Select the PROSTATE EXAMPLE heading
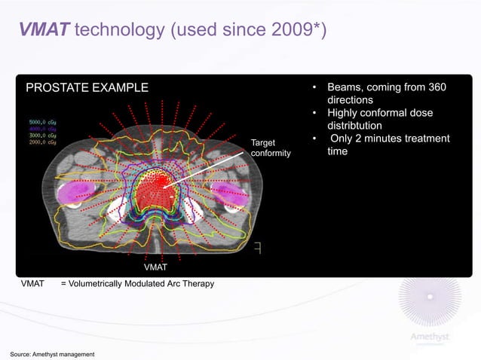[87, 89]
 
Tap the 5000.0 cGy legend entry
[45, 121]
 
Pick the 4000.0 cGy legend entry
[45, 127]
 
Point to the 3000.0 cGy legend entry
[45, 134]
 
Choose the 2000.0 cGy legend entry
[45, 141]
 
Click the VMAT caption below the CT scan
[155, 267]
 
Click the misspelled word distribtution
[354, 126]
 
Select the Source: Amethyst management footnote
[52, 354]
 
